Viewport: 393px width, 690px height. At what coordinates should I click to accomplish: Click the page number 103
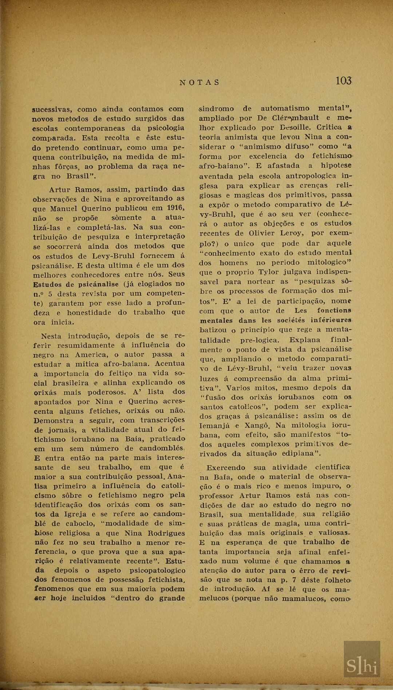click(x=343, y=80)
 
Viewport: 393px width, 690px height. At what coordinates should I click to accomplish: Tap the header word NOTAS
click(x=200, y=82)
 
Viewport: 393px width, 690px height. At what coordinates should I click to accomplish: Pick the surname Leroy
click(x=291, y=233)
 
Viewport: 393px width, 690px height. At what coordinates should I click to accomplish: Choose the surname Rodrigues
click(x=166, y=533)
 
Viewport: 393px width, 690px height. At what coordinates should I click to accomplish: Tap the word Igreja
click(x=75, y=514)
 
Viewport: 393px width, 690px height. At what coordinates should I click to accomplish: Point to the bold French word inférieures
click(x=331, y=320)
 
